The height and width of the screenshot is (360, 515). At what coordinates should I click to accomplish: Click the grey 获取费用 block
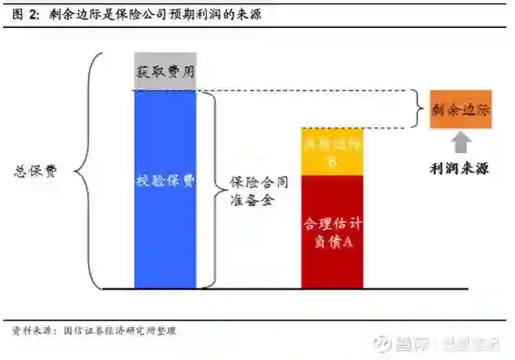pyautogui.click(x=165, y=72)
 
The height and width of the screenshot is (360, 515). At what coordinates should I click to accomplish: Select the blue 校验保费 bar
pyautogui.click(x=165, y=187)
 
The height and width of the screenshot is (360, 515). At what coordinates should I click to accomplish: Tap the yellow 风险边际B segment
pyautogui.click(x=332, y=151)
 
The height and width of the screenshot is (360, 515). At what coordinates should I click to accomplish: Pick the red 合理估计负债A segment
pyautogui.click(x=332, y=232)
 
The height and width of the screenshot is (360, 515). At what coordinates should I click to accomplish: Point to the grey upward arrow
pyautogui.click(x=462, y=141)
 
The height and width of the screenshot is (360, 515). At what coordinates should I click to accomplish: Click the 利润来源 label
pyautogui.click(x=460, y=167)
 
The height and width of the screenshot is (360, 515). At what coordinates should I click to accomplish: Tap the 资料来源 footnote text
pyautogui.click(x=34, y=331)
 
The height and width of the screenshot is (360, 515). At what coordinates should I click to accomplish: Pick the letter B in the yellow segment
pyautogui.click(x=332, y=162)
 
